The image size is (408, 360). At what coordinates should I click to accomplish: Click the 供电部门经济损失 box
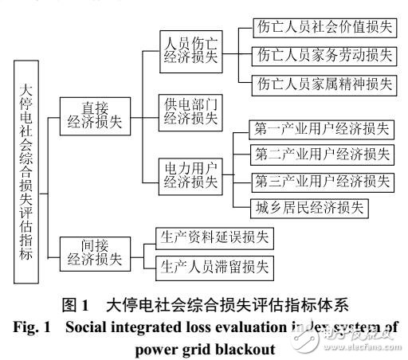click(190, 112)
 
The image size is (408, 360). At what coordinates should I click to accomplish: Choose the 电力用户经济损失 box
click(190, 174)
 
